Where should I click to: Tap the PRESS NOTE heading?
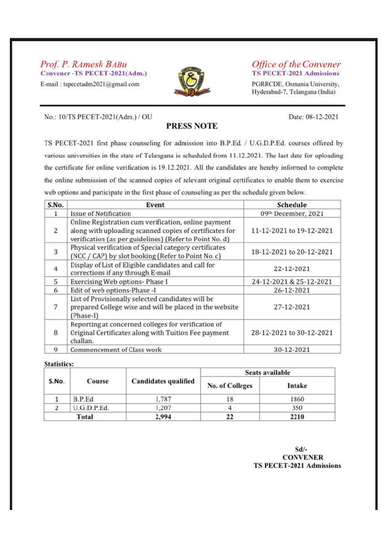tap(192, 126)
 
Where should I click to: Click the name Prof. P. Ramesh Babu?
tap(83, 64)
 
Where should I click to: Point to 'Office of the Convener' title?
tap(296, 64)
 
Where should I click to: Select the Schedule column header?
tap(292, 205)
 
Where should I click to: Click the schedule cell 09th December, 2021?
tap(292, 213)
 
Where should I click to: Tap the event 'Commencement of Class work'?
tap(117, 349)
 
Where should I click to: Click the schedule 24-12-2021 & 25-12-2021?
tap(292, 282)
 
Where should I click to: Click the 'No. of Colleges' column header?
tap(230, 386)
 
